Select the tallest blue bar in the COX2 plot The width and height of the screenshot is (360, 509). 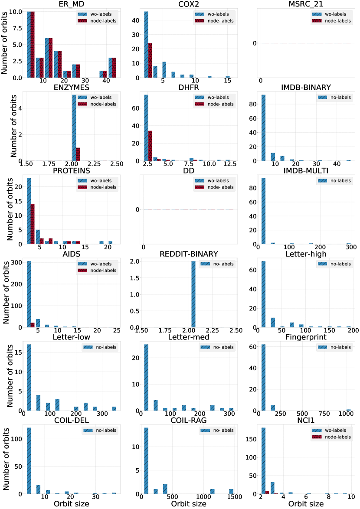tap(146, 45)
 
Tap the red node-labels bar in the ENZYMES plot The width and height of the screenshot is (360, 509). tap(78, 154)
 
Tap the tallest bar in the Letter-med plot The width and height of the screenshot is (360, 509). tap(146, 378)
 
